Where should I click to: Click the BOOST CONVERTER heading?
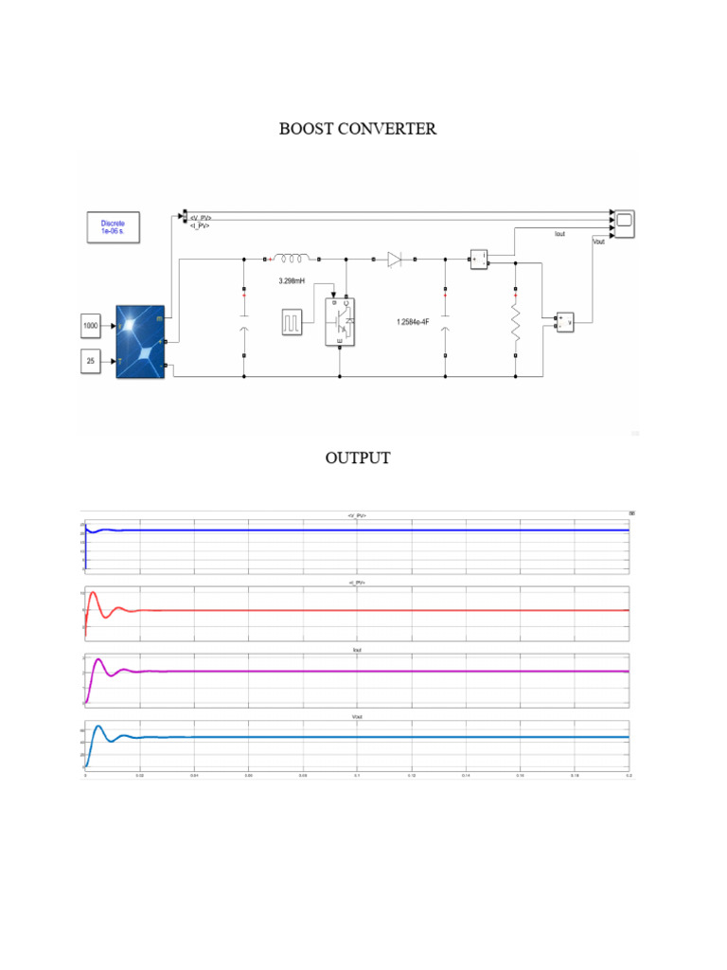pos(357,129)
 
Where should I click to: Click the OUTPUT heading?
pos(357,458)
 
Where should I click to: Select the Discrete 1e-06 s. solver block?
pos(113,228)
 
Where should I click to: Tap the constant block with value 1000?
pos(91,327)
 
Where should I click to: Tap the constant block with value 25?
pos(91,361)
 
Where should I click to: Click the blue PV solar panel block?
pos(140,341)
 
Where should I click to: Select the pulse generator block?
pos(292,322)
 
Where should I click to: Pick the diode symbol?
pos(395,257)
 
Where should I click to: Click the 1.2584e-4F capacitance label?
pos(414,322)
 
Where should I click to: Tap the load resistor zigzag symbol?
pos(515,322)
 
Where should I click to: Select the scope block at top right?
pos(625,224)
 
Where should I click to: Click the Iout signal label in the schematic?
pos(559,234)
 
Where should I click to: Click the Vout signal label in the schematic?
pos(598,242)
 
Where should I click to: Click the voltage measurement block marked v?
pos(565,322)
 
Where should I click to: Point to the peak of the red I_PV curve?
pos(93,593)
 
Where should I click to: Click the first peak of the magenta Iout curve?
pos(98,658)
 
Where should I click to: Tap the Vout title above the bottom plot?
pos(357,717)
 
